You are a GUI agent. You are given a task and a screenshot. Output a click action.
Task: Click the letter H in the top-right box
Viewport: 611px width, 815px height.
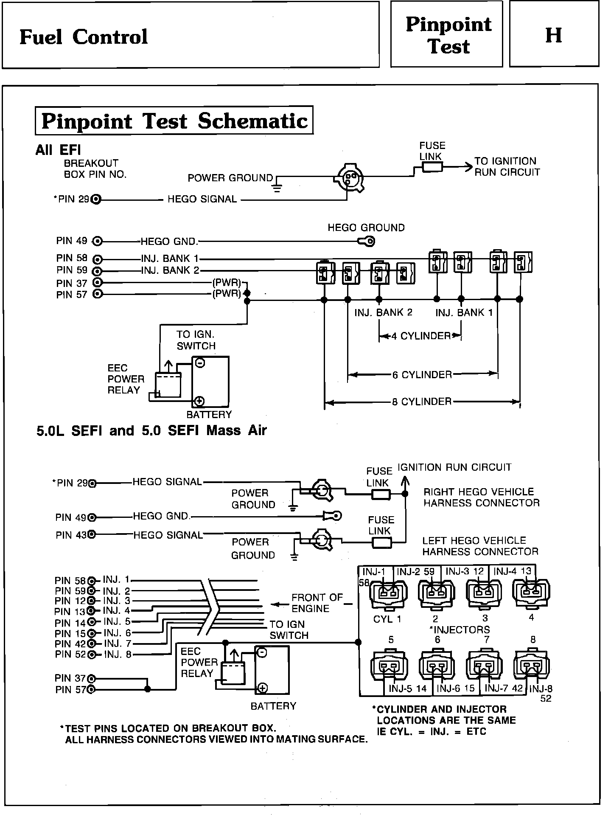pyautogui.click(x=554, y=35)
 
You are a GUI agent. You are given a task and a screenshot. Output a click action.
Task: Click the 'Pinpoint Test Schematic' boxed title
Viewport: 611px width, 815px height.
pyautogui.click(x=174, y=121)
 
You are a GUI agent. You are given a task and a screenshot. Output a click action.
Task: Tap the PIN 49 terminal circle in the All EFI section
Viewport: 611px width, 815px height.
pyautogui.click(x=98, y=242)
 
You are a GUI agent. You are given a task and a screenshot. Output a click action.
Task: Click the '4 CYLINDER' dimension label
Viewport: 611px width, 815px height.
pyautogui.click(x=420, y=336)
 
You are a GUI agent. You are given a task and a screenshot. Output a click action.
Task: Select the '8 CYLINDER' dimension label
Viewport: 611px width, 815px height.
pyautogui.click(x=422, y=402)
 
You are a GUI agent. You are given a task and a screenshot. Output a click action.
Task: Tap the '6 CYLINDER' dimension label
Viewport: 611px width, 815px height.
pyautogui.click(x=422, y=375)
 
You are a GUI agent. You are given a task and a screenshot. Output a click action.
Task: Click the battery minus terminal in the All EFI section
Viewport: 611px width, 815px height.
pyautogui.click(x=200, y=363)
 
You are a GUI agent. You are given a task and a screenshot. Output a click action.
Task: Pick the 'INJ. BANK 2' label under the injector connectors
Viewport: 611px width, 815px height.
pyautogui.click(x=383, y=312)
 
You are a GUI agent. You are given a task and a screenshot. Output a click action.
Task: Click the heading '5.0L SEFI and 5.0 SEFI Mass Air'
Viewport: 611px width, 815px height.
pyautogui.click(x=151, y=430)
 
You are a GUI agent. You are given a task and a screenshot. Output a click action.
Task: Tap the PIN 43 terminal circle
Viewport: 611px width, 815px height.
pyautogui.click(x=92, y=534)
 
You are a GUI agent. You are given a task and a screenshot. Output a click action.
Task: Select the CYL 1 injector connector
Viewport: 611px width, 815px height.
pyautogui.click(x=388, y=595)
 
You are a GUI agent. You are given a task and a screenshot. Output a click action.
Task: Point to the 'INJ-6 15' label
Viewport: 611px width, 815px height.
pyautogui.click(x=456, y=688)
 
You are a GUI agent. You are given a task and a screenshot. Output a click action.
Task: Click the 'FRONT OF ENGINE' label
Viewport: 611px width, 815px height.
pyautogui.click(x=317, y=603)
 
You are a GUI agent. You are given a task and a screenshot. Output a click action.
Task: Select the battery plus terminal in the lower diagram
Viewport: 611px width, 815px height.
pyautogui.click(x=263, y=688)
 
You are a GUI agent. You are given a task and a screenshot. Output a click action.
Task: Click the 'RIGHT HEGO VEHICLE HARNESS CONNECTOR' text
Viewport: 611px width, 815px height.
pyautogui.click(x=481, y=497)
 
